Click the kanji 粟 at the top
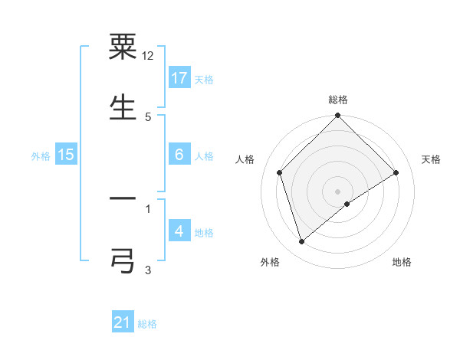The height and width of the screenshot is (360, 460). click(123, 47)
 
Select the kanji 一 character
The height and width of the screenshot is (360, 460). click(123, 199)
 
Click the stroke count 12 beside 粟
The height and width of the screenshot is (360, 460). click(148, 56)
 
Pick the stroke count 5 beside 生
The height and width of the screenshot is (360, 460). click(148, 116)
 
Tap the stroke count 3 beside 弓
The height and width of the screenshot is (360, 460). click(148, 269)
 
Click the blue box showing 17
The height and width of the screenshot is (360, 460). click(179, 78)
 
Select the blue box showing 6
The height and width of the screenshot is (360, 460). click(179, 155)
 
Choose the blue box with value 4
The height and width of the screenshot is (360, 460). click(179, 231)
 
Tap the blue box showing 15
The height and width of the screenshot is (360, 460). click(66, 155)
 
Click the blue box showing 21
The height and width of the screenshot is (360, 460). click(123, 322)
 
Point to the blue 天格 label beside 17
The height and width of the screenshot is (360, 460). click(204, 79)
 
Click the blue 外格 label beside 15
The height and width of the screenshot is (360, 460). click(41, 155)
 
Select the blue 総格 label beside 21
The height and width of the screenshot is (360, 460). click(147, 323)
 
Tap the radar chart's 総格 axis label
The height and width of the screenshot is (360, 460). click(338, 100)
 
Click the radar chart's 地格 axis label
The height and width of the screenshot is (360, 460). click(402, 262)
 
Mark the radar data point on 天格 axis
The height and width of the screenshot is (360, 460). click(396, 173)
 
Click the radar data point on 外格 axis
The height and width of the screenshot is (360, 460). click(301, 242)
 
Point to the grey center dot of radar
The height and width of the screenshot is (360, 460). click(338, 191)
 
